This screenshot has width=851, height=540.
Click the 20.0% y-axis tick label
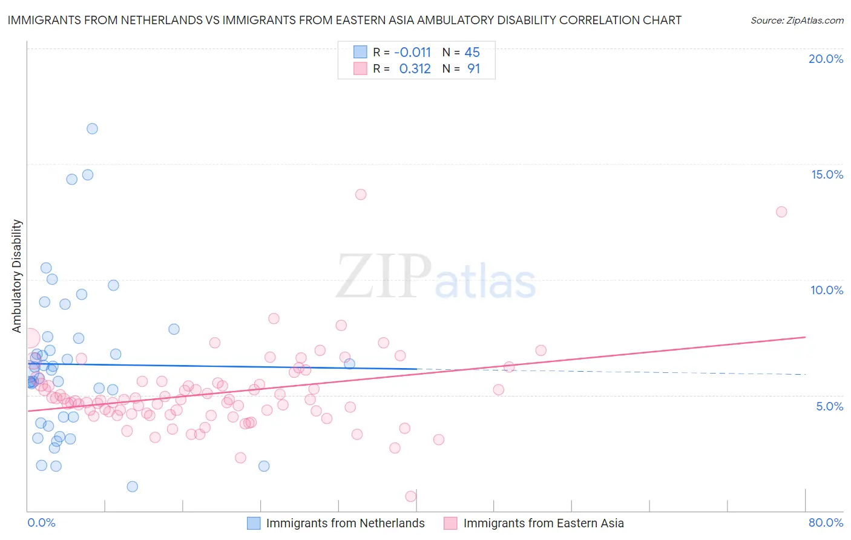click(x=826, y=59)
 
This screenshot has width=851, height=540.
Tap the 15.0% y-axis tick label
click(x=827, y=174)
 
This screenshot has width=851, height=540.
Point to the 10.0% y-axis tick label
click(x=827, y=290)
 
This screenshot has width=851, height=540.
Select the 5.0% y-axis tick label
click(x=829, y=406)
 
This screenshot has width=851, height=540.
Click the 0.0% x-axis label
click(x=41, y=522)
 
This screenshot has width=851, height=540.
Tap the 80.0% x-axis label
click(x=826, y=522)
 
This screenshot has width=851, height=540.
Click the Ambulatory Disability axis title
click(x=17, y=275)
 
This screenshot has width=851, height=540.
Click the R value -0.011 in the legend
click(x=412, y=52)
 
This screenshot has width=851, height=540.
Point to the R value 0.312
click(x=415, y=69)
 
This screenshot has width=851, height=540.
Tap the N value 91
click(x=473, y=69)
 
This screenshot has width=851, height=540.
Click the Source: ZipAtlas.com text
click(x=797, y=21)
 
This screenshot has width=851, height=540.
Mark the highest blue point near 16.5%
click(x=92, y=128)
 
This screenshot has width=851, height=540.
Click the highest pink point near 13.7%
click(x=361, y=194)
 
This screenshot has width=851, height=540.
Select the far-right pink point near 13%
click(x=781, y=212)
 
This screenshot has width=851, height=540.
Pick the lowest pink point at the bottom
click(x=411, y=496)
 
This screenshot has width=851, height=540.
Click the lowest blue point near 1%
click(x=133, y=487)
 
